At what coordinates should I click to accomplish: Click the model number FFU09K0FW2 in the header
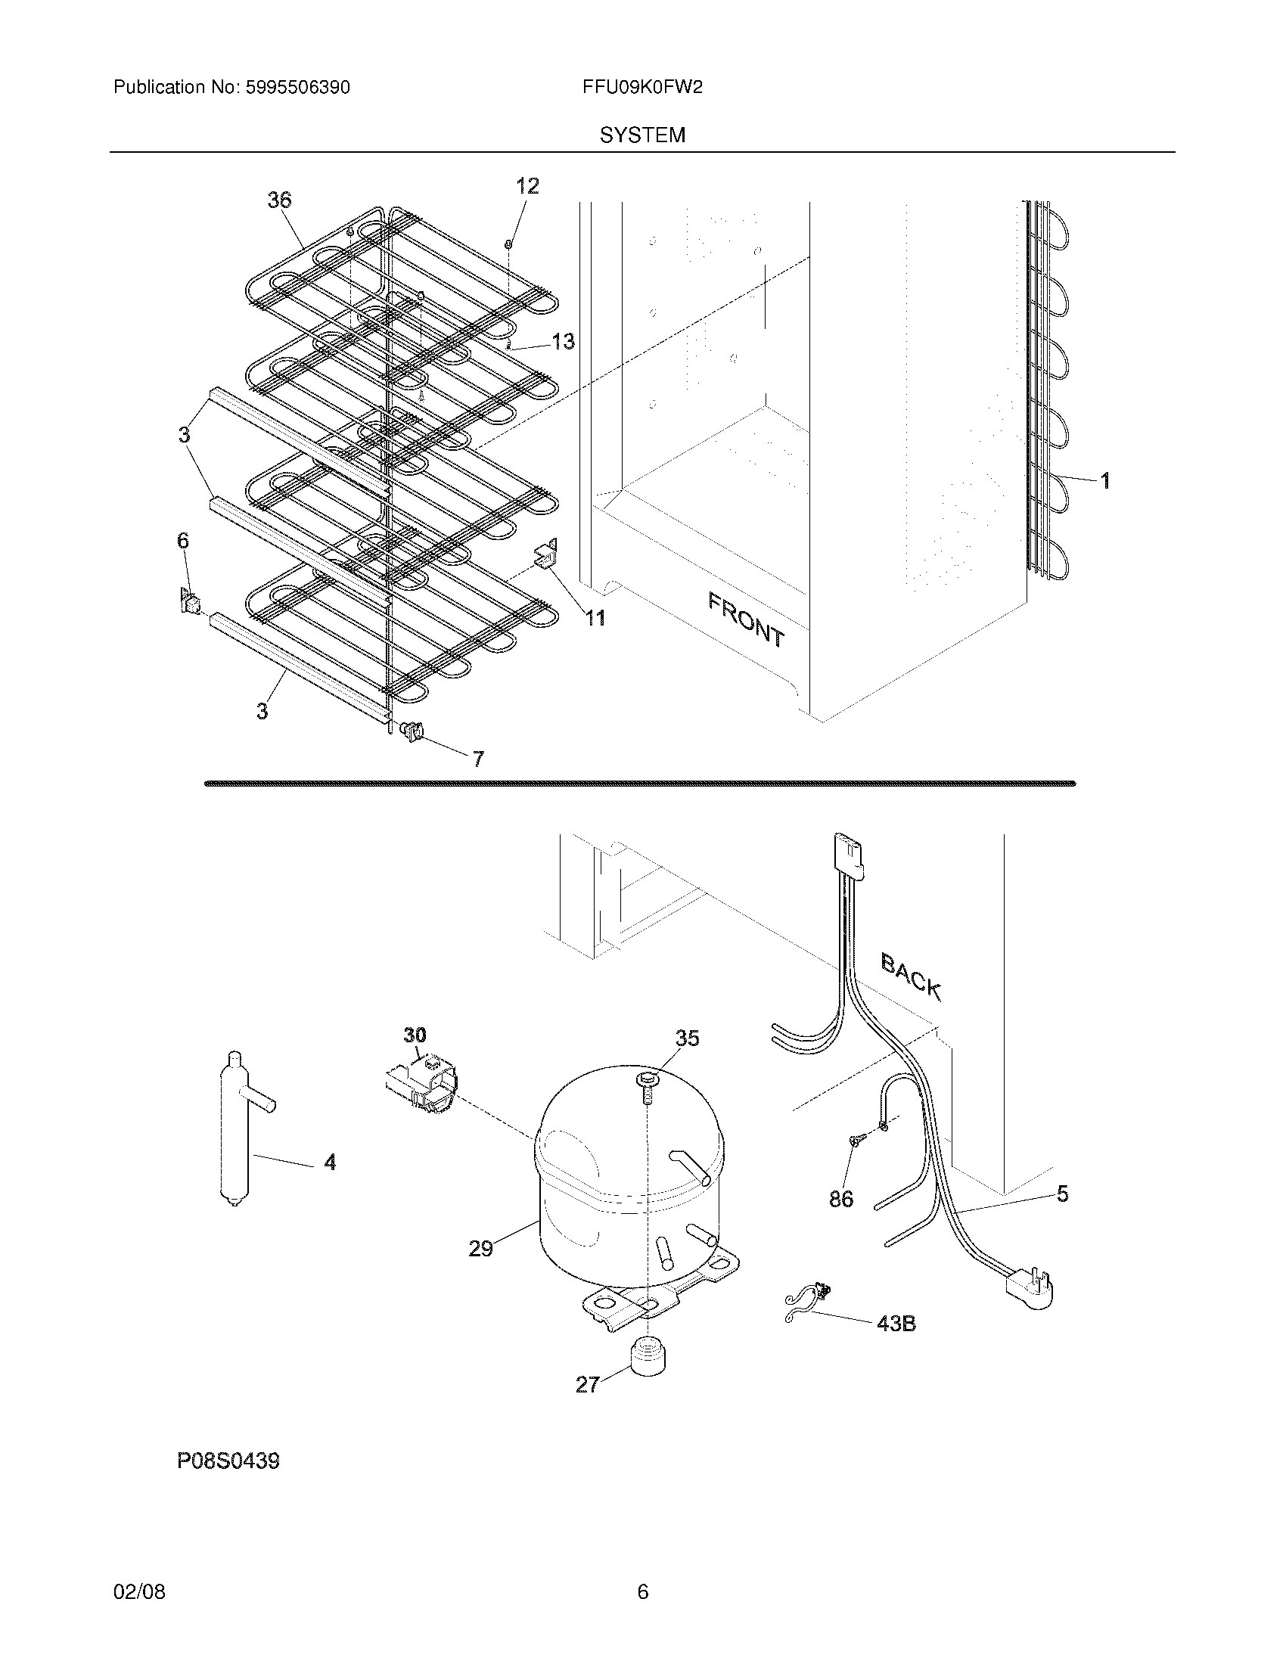point(641,88)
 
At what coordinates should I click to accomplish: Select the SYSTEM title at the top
point(642,135)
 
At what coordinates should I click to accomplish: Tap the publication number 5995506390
point(297,88)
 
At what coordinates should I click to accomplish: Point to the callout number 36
point(280,200)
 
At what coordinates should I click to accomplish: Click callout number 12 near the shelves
point(527,186)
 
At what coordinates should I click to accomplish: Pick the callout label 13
point(563,341)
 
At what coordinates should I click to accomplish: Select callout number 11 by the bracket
point(595,618)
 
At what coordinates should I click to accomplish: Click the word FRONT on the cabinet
point(746,619)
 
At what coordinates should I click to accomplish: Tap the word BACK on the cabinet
point(912,976)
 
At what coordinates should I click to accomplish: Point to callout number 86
point(841,1200)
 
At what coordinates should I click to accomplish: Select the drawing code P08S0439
point(228,1461)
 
